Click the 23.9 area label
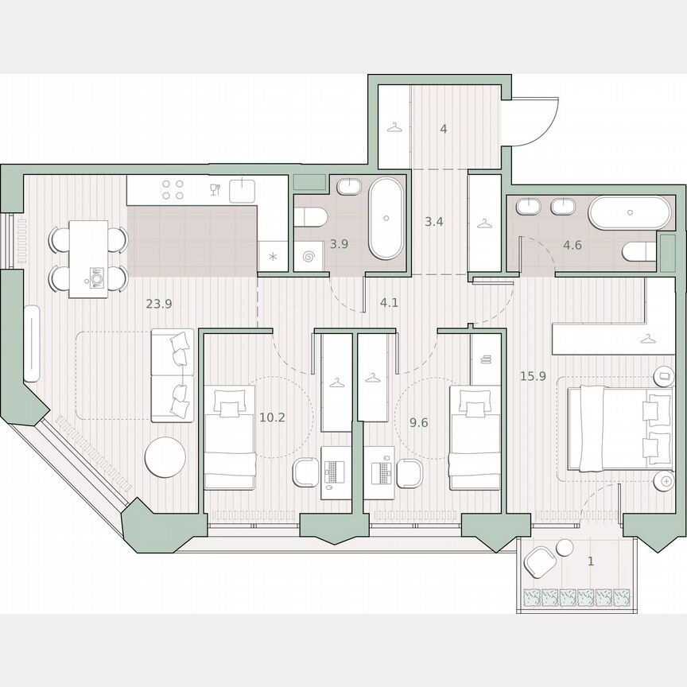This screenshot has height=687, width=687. click(159, 302)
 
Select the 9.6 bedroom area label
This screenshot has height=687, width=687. click(418, 422)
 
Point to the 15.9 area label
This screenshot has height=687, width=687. click(532, 376)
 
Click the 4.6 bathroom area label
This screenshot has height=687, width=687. click(572, 245)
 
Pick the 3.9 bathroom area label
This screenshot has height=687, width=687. click(339, 244)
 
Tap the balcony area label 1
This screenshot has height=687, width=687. click(590, 561)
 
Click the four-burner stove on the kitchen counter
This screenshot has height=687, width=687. click(173, 189)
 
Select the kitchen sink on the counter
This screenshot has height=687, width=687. click(242, 190)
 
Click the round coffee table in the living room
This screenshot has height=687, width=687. click(165, 458)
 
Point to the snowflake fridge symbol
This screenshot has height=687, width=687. click(272, 256)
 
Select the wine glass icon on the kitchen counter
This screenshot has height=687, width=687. click(214, 189)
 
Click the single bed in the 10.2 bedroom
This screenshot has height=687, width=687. click(229, 437)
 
